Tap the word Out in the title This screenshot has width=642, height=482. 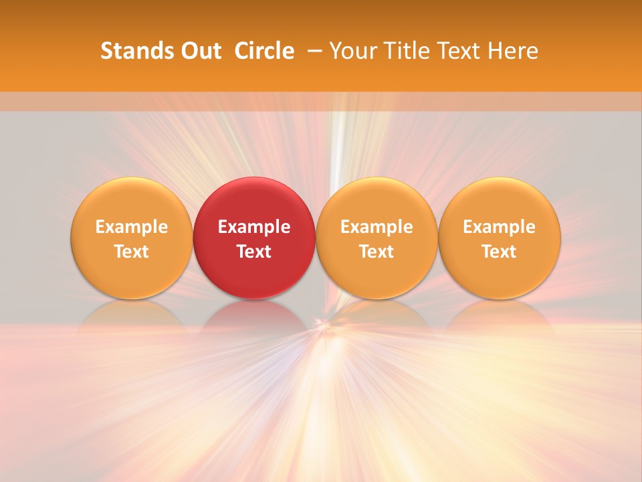click(201, 51)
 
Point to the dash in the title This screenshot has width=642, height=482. click(312, 51)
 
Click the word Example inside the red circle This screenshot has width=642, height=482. click(254, 227)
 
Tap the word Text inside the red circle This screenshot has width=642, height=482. click(254, 252)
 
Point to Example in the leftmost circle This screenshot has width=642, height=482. click(131, 227)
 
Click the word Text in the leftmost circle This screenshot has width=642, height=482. click(131, 252)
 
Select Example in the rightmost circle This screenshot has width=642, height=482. click(500, 227)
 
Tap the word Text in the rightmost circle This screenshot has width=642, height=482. click(500, 252)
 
